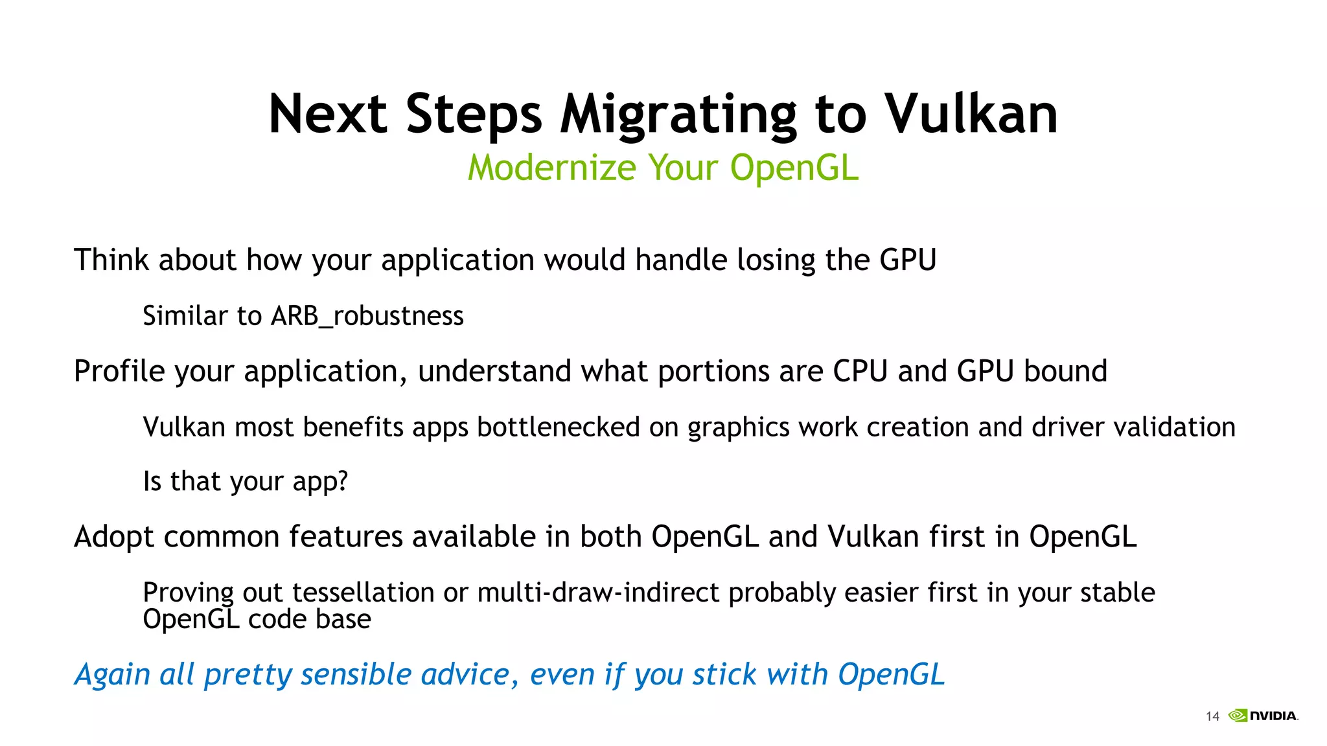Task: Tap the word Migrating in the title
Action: coord(678,115)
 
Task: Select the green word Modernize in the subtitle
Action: coord(552,168)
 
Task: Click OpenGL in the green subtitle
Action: coord(794,168)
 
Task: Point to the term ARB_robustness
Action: coord(367,316)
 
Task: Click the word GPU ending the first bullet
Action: coord(908,260)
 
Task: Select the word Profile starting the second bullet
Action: coord(119,372)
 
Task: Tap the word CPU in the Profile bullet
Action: coord(860,371)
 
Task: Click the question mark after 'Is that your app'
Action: coord(342,481)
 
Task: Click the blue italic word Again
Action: coord(112,675)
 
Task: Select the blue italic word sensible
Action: coord(356,674)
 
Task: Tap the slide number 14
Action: coord(1212,716)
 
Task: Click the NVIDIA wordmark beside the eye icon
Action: coord(1273,716)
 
